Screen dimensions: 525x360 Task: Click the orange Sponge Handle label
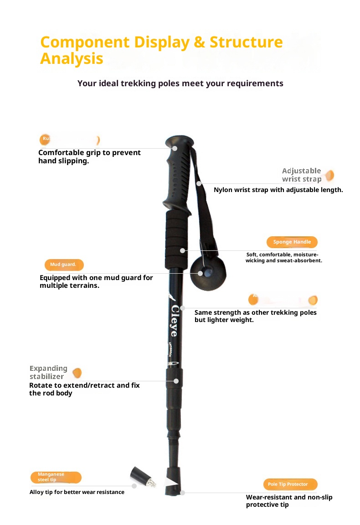click(x=292, y=242)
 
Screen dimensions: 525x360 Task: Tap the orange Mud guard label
click(x=64, y=265)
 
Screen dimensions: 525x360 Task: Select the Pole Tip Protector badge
click(x=290, y=484)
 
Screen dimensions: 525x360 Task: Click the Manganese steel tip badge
click(x=56, y=477)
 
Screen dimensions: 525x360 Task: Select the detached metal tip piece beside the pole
click(x=143, y=478)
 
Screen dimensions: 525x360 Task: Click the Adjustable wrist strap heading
click(x=302, y=175)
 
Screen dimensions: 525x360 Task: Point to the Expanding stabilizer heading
click(x=48, y=372)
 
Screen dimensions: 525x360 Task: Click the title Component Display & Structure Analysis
click(x=161, y=50)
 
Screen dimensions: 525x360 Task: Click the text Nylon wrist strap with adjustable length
click(x=278, y=190)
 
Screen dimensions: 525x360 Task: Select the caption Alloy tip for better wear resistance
click(x=77, y=492)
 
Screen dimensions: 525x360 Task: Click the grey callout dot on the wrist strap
click(x=199, y=183)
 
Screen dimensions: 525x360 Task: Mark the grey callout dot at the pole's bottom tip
click(x=182, y=493)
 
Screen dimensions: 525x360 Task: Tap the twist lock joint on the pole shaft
click(x=175, y=380)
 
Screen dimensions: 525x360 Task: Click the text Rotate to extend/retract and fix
click(x=84, y=385)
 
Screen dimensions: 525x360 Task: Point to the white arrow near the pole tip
click(x=171, y=483)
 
